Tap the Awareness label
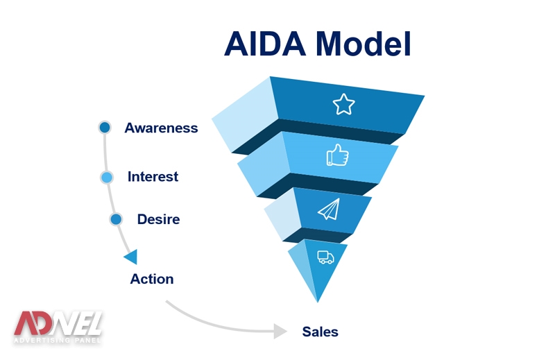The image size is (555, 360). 161,128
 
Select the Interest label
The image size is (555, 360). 153,177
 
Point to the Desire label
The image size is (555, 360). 158,219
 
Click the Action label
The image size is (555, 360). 152,279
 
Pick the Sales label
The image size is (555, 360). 320,332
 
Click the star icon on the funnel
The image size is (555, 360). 343,104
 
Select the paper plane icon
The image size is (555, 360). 329,209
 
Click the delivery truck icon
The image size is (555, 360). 325,257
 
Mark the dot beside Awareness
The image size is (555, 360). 105,127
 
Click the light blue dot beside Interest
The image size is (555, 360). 106,177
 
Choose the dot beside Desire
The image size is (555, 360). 116,219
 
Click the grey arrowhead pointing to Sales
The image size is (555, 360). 280,331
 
